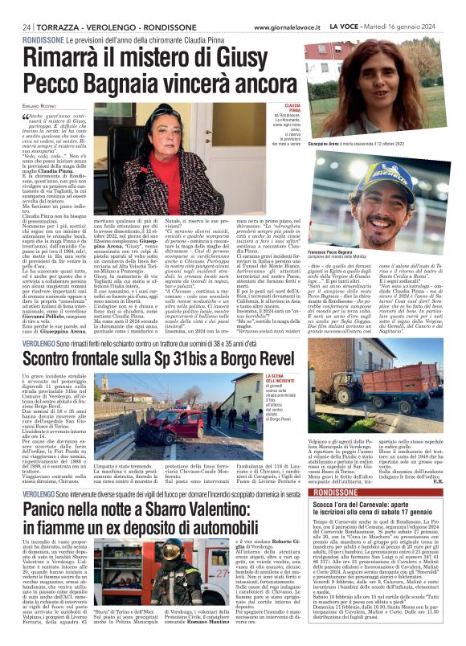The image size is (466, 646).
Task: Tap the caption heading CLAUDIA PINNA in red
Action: [288, 104]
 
